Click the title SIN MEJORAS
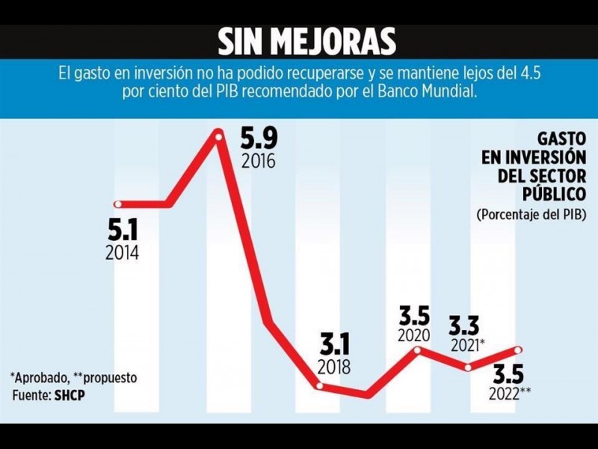(x=306, y=42)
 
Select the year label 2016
(x=259, y=161)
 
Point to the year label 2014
(x=122, y=252)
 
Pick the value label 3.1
(x=333, y=345)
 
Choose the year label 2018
(x=333, y=367)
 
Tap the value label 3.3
(x=463, y=325)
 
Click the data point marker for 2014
(x=117, y=204)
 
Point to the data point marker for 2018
(x=320, y=386)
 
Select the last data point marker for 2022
(x=519, y=349)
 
